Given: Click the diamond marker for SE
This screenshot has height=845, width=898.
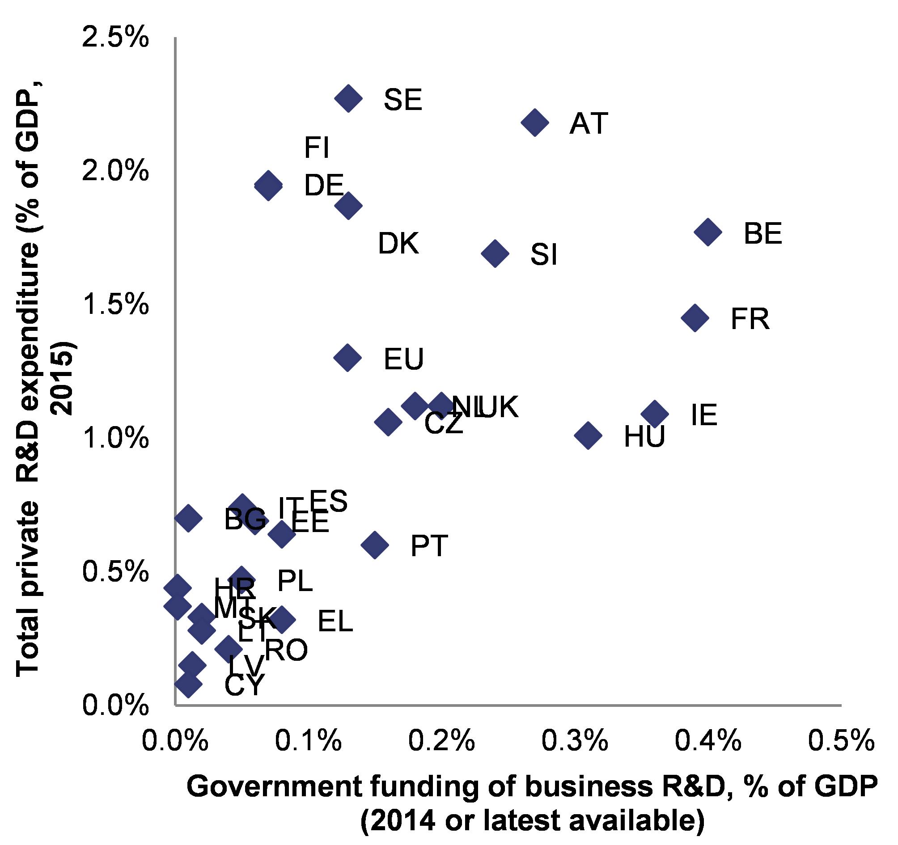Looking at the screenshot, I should click(348, 97).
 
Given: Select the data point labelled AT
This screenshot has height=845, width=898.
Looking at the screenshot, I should click(535, 123).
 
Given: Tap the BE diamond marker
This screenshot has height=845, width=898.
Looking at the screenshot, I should click(708, 232).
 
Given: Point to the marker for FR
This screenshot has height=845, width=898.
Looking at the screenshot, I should click(695, 318).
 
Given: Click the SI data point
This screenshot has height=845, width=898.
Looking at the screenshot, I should click(495, 253).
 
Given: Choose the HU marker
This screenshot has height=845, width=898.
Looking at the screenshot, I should click(588, 435).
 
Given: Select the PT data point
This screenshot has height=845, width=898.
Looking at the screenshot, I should click(374, 545).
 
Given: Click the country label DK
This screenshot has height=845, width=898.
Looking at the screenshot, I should click(398, 243).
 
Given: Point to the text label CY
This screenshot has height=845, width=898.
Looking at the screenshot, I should click(244, 685).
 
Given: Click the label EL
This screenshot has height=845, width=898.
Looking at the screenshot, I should click(335, 621).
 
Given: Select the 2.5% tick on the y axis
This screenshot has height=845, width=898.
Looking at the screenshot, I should click(115, 37).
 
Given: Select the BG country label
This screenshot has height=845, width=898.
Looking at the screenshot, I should click(245, 520).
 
